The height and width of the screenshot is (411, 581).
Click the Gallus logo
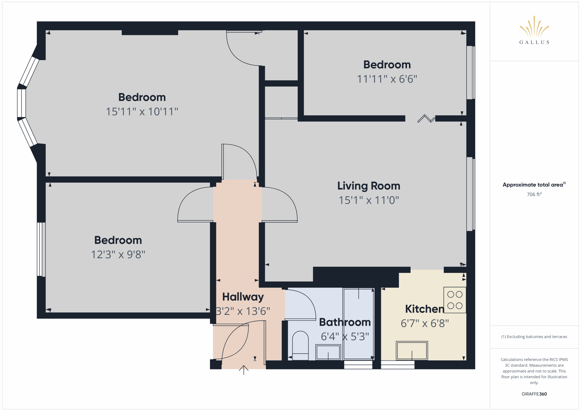[x=534, y=30]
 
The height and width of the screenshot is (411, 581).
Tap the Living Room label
[x=369, y=186]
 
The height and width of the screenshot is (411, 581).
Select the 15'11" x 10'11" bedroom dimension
[x=142, y=112]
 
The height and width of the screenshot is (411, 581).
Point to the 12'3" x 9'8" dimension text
[x=118, y=255]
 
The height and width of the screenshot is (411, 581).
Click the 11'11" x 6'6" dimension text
[x=387, y=79]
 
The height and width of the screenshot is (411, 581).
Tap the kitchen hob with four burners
[x=455, y=300]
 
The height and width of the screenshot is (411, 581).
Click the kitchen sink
[x=412, y=350]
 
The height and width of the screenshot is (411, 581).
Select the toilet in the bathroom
[x=300, y=345]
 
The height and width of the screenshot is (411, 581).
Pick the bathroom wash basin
[x=328, y=352]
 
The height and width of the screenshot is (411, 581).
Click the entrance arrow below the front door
[x=244, y=370]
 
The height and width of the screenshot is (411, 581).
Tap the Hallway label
[x=243, y=297]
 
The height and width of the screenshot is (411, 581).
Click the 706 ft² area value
[x=534, y=194]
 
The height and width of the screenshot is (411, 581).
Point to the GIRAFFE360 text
[x=534, y=394]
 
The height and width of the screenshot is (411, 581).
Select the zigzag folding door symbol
[x=426, y=118]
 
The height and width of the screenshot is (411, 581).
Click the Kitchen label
[x=425, y=309]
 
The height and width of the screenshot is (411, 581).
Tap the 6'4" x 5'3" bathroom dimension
[x=345, y=337]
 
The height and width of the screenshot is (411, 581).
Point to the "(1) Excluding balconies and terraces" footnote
[x=534, y=337]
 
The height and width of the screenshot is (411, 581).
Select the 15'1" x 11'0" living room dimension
[x=369, y=200]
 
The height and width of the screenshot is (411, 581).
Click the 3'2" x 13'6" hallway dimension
[x=243, y=311]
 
